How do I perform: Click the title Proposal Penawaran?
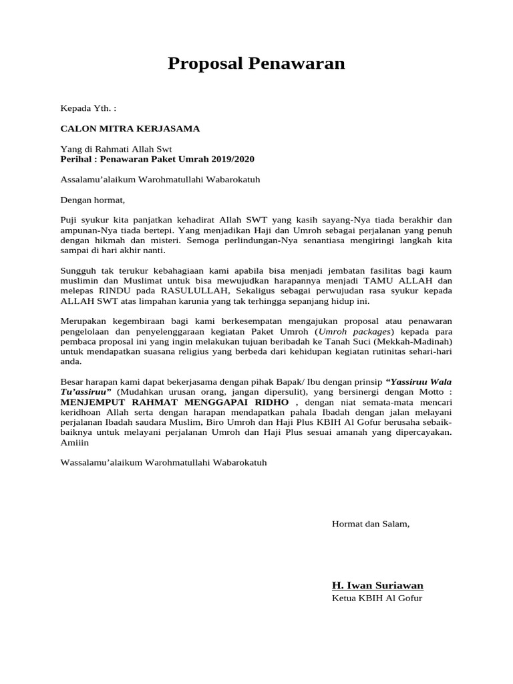[256, 63]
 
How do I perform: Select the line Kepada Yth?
[88, 108]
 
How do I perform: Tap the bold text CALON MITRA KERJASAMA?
[130, 128]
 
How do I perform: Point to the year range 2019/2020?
[231, 159]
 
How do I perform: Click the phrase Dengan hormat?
[92, 200]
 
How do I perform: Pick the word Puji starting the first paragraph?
[69, 220]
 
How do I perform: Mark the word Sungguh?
[77, 271]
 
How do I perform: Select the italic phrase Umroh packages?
[357, 331]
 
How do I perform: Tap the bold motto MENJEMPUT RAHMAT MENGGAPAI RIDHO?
[174, 403]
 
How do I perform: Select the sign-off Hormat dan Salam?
[370, 524]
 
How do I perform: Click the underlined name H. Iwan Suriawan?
[377, 585]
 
